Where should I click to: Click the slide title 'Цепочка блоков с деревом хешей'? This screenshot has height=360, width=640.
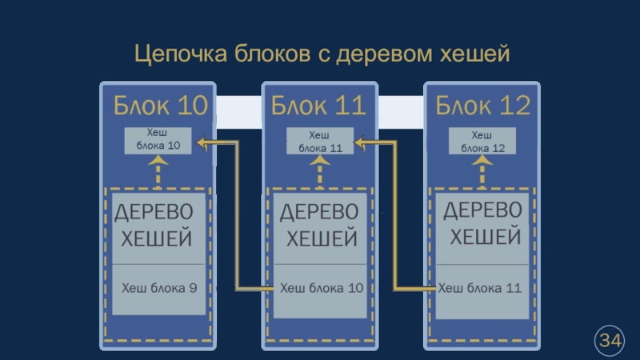321,55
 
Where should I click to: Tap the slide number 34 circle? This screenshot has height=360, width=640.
610,341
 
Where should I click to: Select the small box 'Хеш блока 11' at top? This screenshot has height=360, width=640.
320,142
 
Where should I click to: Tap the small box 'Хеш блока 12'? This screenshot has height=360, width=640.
481,141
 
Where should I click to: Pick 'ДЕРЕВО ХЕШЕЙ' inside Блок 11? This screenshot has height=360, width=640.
320,225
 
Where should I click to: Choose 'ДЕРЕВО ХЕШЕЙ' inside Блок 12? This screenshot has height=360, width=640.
482,225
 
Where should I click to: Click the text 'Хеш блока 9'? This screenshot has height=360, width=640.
159,287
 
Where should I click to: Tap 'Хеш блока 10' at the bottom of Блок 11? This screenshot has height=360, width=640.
321,287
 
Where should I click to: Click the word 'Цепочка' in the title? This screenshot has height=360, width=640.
180,55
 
